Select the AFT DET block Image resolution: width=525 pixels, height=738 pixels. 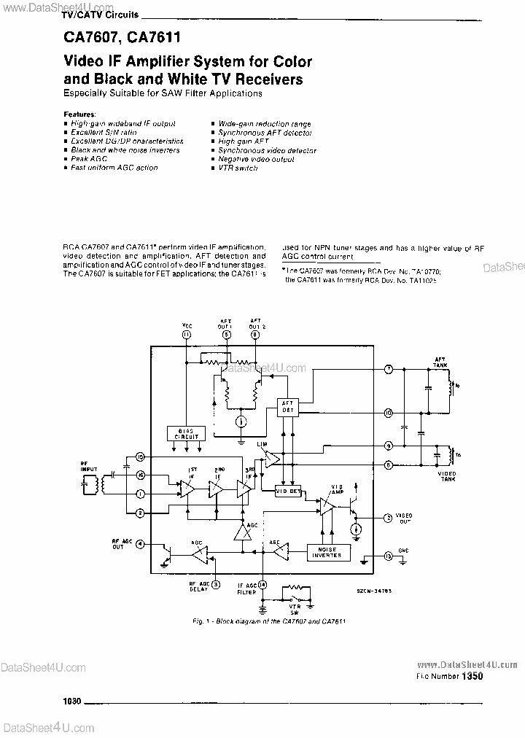289,408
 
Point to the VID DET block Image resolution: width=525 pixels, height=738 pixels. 288,491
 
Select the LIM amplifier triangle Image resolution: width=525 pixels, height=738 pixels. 271,458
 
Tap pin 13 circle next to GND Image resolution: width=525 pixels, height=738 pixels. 388,556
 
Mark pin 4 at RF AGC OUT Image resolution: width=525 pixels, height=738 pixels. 139,543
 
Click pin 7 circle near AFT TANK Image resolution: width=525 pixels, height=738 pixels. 389,370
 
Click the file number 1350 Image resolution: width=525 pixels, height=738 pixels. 472,676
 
